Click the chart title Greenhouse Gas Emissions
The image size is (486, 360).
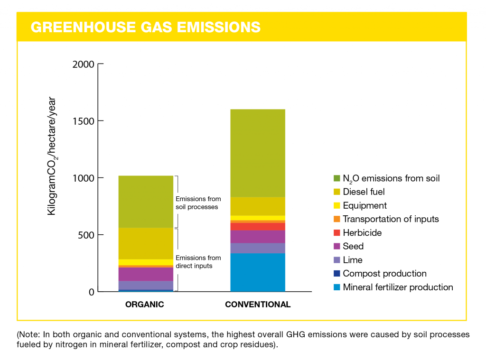click(x=145, y=27)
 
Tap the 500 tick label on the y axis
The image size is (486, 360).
click(x=86, y=235)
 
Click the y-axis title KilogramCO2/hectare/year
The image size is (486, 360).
click(x=52, y=157)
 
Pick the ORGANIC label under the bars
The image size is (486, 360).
click(x=144, y=305)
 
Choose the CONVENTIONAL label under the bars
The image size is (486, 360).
click(x=258, y=305)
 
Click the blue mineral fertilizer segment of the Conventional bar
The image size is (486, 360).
click(x=258, y=272)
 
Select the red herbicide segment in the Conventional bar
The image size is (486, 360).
click(x=258, y=226)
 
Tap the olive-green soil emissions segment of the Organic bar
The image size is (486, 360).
click(x=146, y=202)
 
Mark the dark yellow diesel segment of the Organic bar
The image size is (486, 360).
click(x=146, y=243)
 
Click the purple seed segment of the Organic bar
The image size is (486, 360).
click(x=146, y=274)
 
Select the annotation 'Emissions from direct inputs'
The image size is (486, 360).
click(x=198, y=262)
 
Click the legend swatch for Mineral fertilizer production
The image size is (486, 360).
click(x=336, y=287)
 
